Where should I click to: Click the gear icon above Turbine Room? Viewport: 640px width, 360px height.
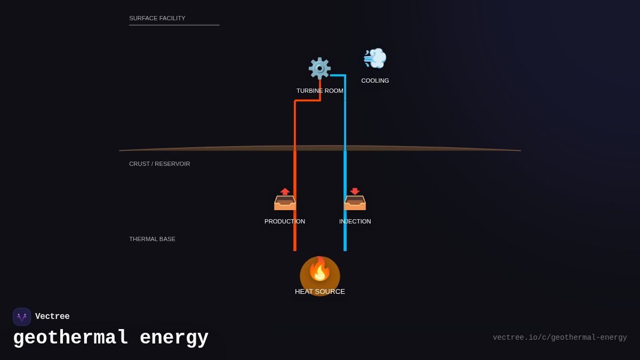coord(319,68)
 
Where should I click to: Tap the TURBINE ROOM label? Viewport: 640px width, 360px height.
coord(320,91)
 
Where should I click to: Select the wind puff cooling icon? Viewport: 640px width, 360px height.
coord(375,58)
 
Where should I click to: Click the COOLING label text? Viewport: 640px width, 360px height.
coord(375,81)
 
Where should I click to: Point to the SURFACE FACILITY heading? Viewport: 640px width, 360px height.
coord(157,18)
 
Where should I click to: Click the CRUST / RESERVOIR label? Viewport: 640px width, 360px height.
coord(159,164)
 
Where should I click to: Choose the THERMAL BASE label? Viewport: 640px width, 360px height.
coord(152,239)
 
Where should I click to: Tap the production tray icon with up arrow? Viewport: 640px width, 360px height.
coord(285,199)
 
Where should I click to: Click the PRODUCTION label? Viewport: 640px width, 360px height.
coord(285,221)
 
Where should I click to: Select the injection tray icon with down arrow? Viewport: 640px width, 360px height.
coord(355,199)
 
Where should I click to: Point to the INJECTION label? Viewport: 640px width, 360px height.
coord(355,221)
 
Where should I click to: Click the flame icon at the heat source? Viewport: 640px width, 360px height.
coord(320,269)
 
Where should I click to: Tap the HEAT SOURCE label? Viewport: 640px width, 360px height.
coord(320,292)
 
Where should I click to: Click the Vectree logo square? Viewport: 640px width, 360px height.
coord(22,317)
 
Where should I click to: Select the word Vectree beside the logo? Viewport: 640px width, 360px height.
coord(52,317)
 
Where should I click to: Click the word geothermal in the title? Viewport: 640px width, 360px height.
coord(71,338)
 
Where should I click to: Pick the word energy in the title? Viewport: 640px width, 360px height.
coord(174,338)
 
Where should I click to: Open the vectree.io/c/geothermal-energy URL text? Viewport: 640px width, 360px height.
coord(559,338)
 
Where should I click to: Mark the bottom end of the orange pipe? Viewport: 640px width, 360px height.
coord(295,250)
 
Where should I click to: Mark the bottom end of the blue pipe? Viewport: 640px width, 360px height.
coord(345,250)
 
